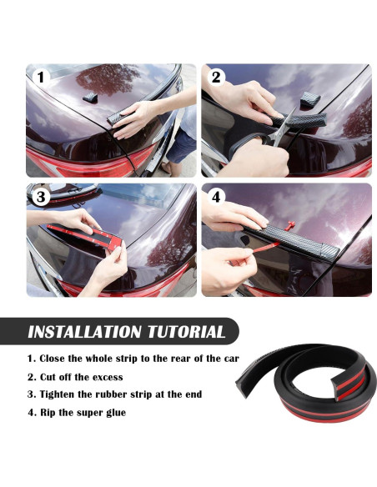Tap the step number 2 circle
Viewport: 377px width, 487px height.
click(x=217, y=78)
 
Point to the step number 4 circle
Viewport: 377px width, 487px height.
click(x=217, y=198)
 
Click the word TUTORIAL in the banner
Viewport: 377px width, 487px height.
click(x=184, y=332)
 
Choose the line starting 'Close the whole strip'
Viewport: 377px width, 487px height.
click(x=125, y=359)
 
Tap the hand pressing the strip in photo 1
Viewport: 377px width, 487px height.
click(x=138, y=117)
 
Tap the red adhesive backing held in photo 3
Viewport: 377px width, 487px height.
click(x=88, y=230)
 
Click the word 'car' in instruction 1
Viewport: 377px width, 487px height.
click(x=230, y=359)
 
